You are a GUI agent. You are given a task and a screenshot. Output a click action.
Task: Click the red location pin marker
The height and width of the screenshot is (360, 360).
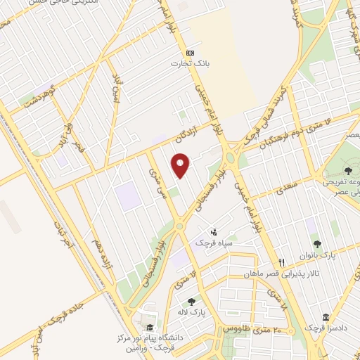point(181,165)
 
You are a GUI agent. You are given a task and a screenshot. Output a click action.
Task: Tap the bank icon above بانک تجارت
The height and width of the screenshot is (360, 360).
point(190,53)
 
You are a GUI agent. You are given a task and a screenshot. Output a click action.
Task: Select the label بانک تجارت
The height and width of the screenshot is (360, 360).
point(190,63)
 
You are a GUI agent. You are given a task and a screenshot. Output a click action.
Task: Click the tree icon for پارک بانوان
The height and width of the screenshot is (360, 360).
point(316,244)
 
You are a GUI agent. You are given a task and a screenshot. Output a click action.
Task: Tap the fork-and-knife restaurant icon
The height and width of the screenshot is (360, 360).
point(281,262)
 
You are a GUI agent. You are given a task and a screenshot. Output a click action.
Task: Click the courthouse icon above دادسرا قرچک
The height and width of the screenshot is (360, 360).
point(325,317)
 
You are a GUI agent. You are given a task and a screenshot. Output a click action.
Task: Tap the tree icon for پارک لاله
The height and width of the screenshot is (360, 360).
point(191,302)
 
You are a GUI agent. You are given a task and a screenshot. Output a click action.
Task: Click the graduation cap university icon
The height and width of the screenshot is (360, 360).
point(150,327)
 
